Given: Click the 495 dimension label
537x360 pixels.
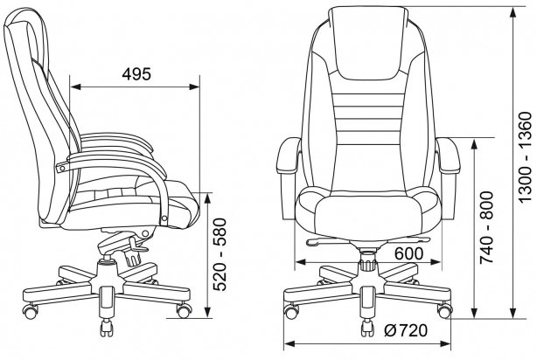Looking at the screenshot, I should (134, 73).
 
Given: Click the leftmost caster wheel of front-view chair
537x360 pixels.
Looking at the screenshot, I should (290, 312).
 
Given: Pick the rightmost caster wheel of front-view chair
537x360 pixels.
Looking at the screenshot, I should (444, 312).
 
